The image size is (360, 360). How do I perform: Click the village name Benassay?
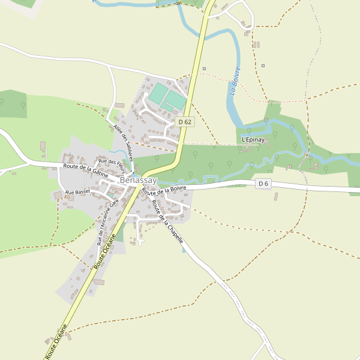[x=138, y=180]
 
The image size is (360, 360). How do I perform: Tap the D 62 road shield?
[x=185, y=122]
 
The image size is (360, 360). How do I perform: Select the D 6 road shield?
[x=263, y=184]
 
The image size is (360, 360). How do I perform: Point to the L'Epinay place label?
[x=253, y=140]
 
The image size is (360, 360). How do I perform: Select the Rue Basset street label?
[x=77, y=192]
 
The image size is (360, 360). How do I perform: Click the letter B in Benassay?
[x=123, y=180]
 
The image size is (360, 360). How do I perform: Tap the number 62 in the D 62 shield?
[x=188, y=122]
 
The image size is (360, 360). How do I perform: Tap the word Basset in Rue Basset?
[x=82, y=192]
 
